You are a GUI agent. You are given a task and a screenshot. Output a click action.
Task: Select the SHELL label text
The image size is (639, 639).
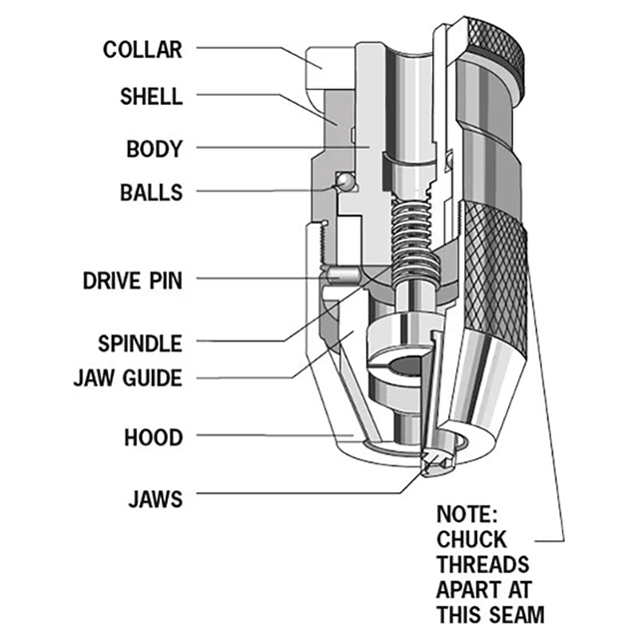[151, 97]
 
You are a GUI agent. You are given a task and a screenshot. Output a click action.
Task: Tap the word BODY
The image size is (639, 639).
[155, 150]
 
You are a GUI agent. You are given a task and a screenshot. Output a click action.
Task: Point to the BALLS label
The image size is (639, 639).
[151, 192]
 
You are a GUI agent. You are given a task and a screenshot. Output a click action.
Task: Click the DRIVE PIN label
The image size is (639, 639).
[133, 281]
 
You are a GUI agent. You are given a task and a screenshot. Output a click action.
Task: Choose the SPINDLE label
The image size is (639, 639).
[141, 343]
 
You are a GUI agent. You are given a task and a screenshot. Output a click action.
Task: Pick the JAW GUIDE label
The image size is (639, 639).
[129, 378]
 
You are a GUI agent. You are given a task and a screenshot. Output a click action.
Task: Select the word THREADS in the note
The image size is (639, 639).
[482, 564]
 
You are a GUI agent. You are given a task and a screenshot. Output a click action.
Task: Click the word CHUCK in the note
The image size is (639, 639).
[471, 540]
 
